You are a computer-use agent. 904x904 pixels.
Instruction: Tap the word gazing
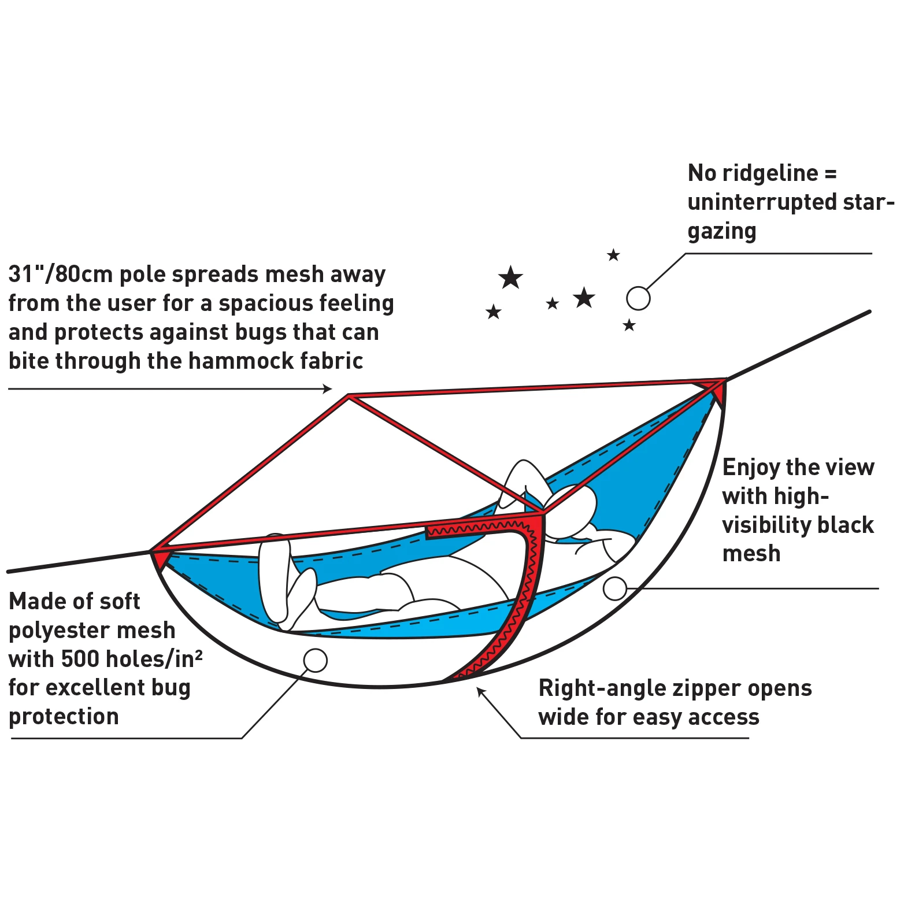(722, 232)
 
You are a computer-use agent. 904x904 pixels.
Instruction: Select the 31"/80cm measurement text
(60, 275)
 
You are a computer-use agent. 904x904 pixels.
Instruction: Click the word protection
(64, 717)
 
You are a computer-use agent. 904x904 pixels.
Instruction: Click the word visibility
(761, 525)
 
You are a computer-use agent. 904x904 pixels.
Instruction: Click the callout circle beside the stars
(638, 298)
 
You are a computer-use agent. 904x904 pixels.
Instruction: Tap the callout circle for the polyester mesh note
(315, 660)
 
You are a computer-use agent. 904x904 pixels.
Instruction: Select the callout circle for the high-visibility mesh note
(614, 588)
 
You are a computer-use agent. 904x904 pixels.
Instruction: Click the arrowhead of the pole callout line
(328, 389)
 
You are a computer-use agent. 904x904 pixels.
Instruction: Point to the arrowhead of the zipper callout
(480, 692)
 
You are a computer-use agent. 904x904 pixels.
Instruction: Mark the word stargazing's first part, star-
(861, 203)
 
